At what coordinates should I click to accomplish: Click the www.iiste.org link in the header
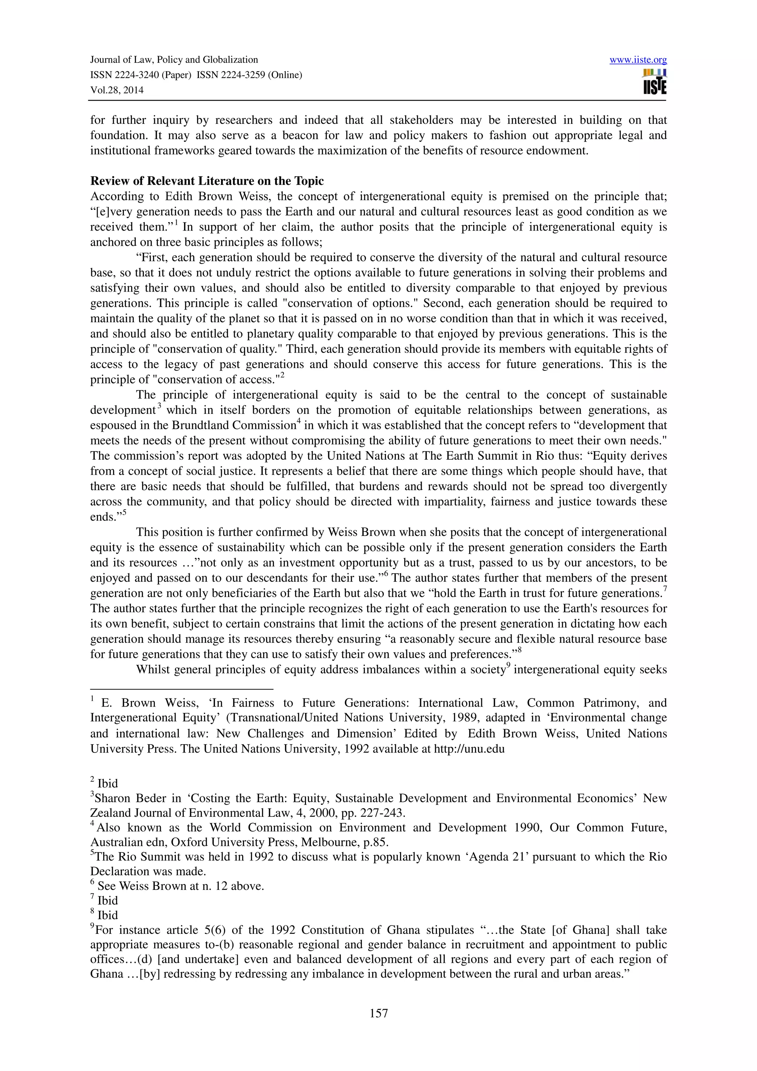(x=638, y=60)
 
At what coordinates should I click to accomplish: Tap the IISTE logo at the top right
(x=654, y=82)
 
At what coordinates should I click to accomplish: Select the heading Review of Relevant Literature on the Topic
(x=207, y=181)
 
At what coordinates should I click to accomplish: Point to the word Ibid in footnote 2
(x=108, y=783)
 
